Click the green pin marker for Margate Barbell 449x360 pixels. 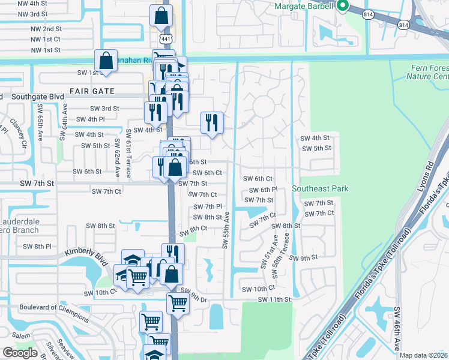[343, 7]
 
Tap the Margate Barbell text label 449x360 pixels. [303, 6]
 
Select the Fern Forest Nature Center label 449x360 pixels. [427, 73]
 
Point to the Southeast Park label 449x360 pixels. [320, 188]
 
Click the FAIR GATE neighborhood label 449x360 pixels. [92, 91]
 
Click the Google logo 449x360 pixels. [20, 353]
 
